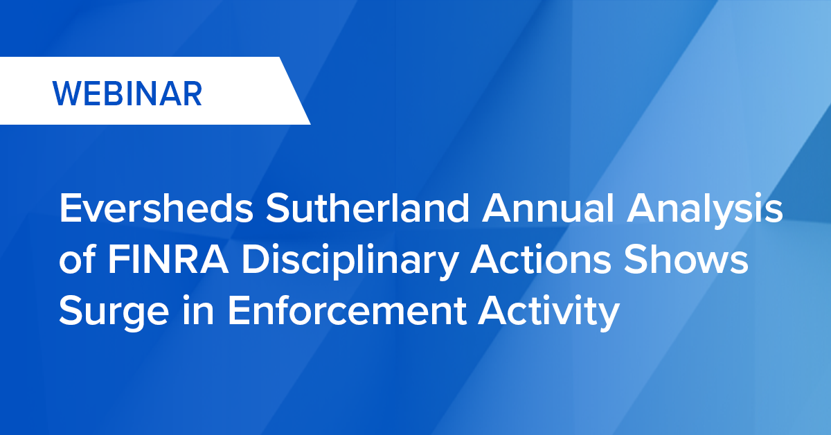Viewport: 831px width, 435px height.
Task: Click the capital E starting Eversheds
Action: coord(69,209)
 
